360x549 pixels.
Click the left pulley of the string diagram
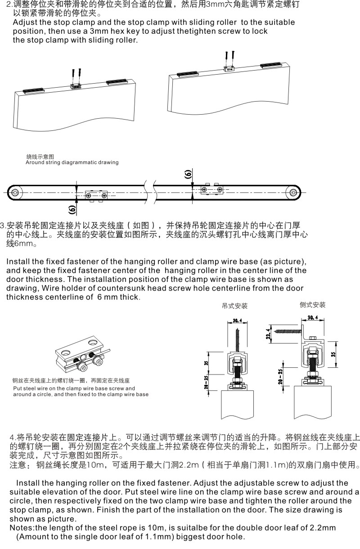[16, 192]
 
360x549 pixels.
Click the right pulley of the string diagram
[293, 192]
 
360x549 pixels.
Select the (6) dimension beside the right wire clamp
[188, 174]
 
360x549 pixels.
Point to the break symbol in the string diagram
[150, 192]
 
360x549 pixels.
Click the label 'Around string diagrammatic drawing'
[72, 162]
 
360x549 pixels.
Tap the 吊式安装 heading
[235, 306]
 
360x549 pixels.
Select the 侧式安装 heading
[312, 305]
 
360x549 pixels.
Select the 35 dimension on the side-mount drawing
[333, 354]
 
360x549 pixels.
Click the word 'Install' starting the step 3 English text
[18, 262]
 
